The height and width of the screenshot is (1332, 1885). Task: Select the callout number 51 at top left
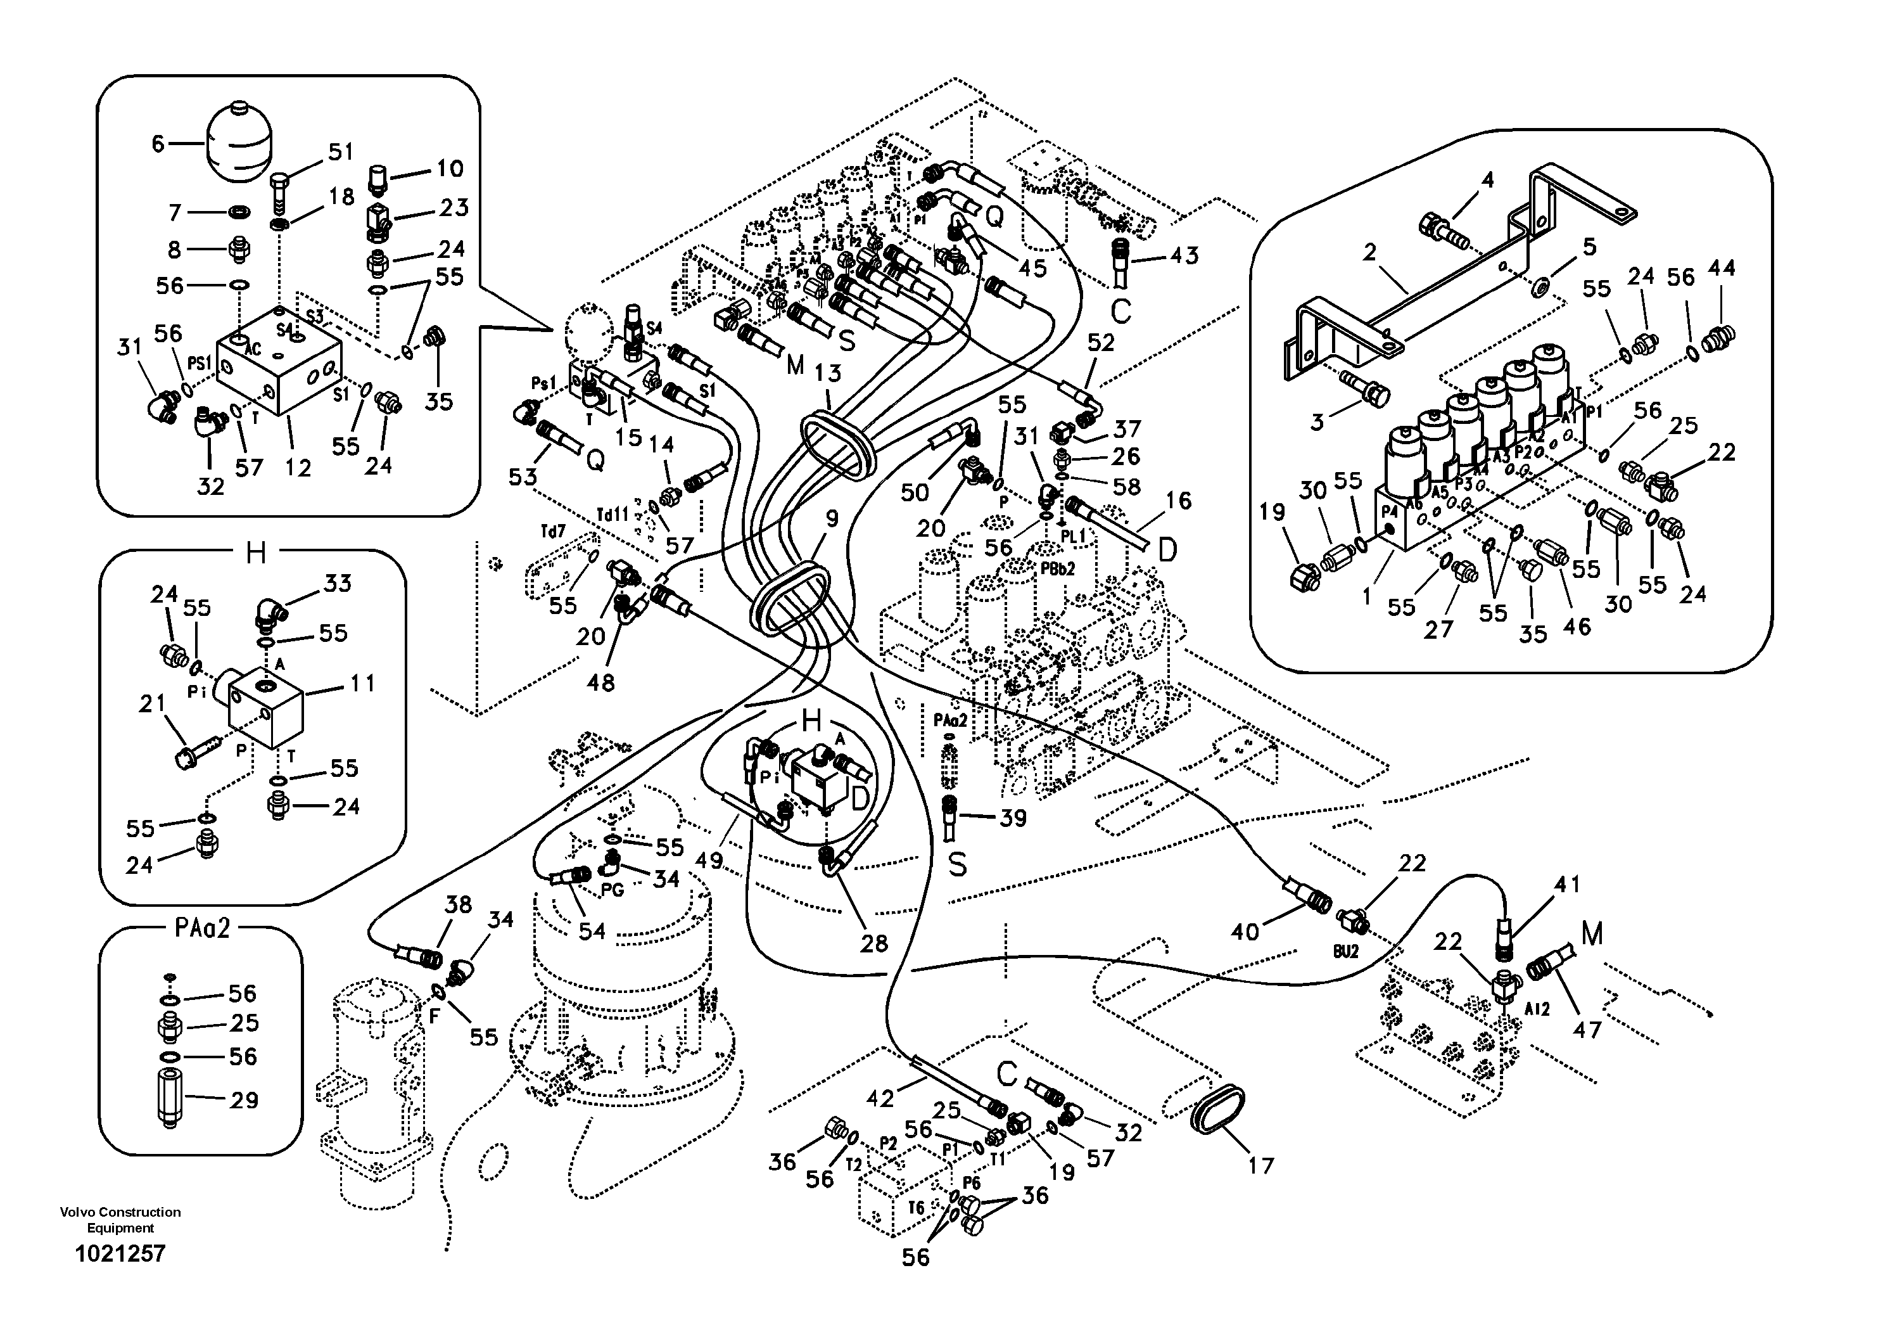pos(340,152)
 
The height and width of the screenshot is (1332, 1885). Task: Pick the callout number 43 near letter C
pos(1183,255)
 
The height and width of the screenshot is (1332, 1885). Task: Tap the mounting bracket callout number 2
pos(1369,253)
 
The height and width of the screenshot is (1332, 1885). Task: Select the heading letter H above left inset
pos(255,553)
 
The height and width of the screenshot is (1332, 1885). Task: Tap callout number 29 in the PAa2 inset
pos(244,1099)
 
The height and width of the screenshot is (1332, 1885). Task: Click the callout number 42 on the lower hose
pos(879,1099)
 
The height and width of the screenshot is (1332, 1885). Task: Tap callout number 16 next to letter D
pos(1177,501)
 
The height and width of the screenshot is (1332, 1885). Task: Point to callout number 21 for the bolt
pos(152,704)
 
